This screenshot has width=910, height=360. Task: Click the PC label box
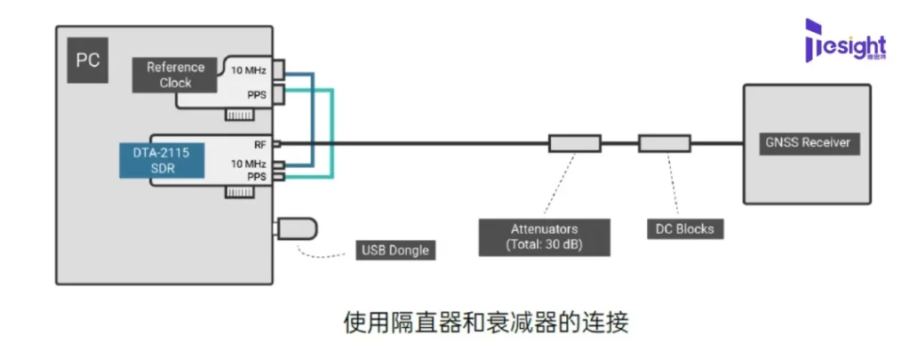[88, 60]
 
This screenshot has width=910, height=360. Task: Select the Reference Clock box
[175, 75]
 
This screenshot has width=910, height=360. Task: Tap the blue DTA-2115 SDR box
[163, 161]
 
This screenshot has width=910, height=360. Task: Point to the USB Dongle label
[395, 251]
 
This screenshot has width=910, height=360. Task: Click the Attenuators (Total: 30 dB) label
[544, 237]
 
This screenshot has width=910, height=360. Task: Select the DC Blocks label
[681, 228]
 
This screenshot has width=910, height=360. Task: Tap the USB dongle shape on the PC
[296, 228]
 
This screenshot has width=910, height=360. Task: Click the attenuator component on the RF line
[575, 143]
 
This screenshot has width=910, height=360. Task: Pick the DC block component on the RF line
[665, 143]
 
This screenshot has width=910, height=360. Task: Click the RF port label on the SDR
[259, 143]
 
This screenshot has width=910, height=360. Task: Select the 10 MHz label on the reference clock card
[249, 71]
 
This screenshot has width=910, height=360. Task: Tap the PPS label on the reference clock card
[257, 94]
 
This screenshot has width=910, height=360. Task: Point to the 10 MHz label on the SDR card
[249, 164]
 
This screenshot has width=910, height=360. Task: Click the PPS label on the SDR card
[257, 176]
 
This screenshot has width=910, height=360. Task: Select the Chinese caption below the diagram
[486, 323]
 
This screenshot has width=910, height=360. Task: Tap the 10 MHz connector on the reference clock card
[278, 69]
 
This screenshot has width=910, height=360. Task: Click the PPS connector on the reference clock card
[278, 94]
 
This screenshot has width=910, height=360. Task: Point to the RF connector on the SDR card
[277, 143]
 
